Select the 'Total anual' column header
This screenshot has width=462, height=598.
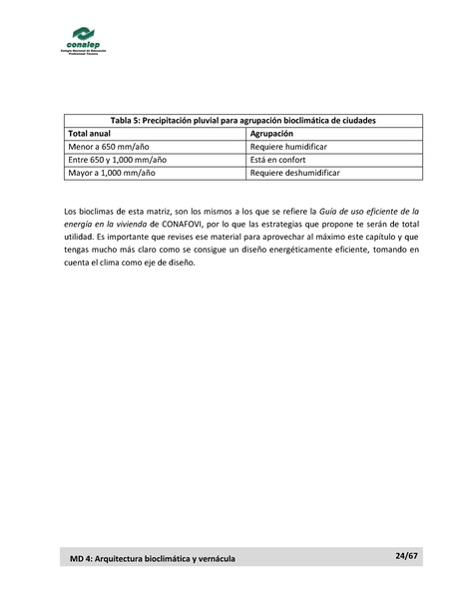tap(90, 133)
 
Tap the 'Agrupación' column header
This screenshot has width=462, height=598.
tap(271, 133)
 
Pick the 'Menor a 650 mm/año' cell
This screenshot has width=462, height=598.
tap(103, 146)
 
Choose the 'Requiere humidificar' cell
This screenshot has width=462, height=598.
tap(289, 146)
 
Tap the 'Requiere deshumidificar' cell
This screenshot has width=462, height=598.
tap(294, 172)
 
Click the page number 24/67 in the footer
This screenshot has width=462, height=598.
tap(404, 555)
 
